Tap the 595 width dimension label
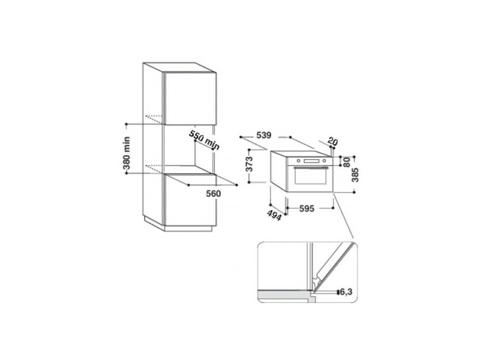tap(307, 209)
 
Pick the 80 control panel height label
tap(346, 161)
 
